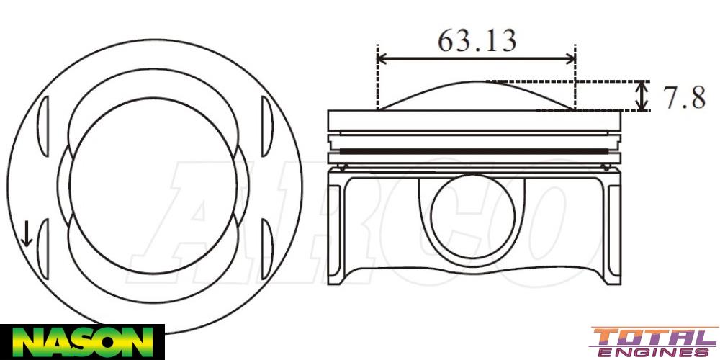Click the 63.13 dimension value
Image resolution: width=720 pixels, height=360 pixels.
coord(477,40)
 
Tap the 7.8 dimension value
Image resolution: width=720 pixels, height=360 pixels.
coord(683,97)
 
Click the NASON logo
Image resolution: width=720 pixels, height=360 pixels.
coord(81,341)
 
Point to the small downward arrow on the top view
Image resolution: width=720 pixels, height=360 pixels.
coord(27,234)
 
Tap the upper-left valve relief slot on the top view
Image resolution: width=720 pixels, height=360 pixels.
coord(42,122)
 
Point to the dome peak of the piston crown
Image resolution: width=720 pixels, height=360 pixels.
coord(477,82)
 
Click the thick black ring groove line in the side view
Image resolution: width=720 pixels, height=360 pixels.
coord(474,150)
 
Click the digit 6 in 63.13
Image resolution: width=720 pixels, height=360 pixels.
coord(447,40)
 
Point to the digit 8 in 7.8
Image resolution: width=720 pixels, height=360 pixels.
coord(696,97)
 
